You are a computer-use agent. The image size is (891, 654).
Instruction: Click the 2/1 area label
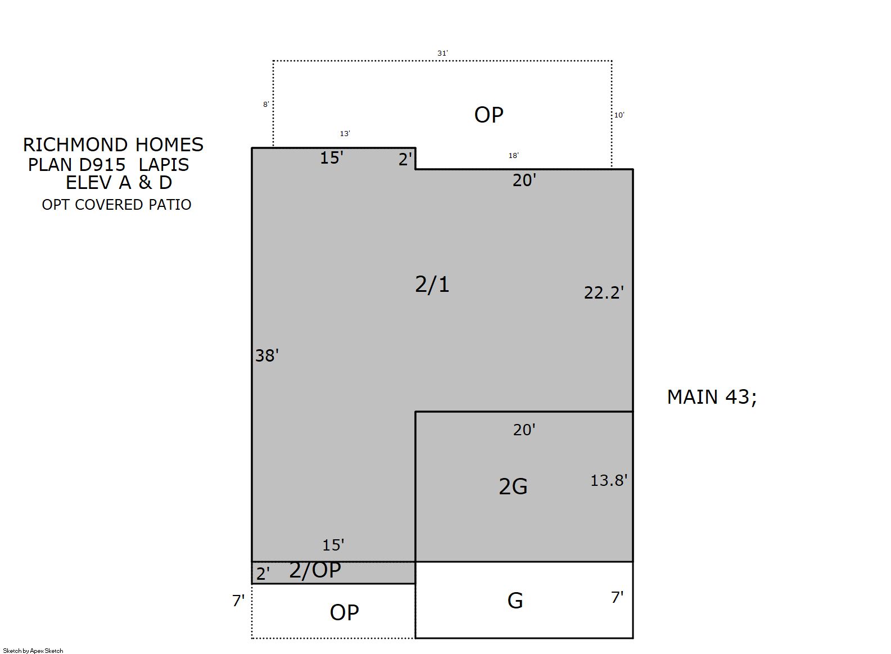pyautogui.click(x=432, y=285)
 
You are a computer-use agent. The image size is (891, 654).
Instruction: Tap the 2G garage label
pyautogui.click(x=513, y=486)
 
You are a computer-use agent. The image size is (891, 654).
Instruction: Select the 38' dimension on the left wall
pyautogui.click(x=266, y=355)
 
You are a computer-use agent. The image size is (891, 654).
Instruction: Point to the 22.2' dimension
pyautogui.click(x=603, y=293)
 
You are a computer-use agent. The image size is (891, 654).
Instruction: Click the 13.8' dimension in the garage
pyautogui.click(x=609, y=481)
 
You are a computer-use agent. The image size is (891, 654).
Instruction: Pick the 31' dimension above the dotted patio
pyautogui.click(x=443, y=53)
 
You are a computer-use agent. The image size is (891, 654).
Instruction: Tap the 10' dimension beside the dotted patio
pyautogui.click(x=619, y=115)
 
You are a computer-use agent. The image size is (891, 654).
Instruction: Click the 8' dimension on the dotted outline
pyautogui.click(x=266, y=104)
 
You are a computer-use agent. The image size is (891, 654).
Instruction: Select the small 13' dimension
pyautogui.click(x=345, y=134)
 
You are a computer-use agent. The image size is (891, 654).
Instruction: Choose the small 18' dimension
pyautogui.click(x=513, y=156)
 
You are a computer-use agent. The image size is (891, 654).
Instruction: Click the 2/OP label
pyautogui.click(x=315, y=570)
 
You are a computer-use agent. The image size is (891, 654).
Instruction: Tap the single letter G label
pyautogui.click(x=515, y=601)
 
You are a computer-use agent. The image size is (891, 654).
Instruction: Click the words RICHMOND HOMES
pyautogui.click(x=114, y=145)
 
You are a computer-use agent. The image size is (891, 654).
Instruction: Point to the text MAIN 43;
pyautogui.click(x=712, y=397)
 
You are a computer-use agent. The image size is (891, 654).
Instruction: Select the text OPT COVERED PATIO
pyautogui.click(x=116, y=205)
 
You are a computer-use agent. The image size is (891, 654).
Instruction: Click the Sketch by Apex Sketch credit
pyautogui.click(x=33, y=651)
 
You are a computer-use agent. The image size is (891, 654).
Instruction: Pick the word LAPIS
pyautogui.click(x=164, y=165)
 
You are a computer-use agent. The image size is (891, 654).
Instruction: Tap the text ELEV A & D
pyautogui.click(x=119, y=183)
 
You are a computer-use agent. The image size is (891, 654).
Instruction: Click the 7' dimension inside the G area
pyautogui.click(x=617, y=597)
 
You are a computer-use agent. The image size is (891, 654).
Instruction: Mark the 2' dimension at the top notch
pyautogui.click(x=405, y=160)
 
